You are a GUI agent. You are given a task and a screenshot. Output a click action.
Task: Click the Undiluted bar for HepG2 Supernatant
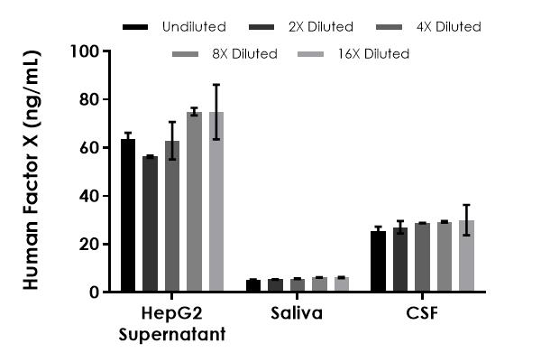point(128,216)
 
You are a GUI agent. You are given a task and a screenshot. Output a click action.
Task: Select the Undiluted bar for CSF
point(379,262)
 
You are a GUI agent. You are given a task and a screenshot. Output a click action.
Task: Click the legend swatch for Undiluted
point(134,27)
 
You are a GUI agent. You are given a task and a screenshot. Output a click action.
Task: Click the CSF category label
point(422,315)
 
